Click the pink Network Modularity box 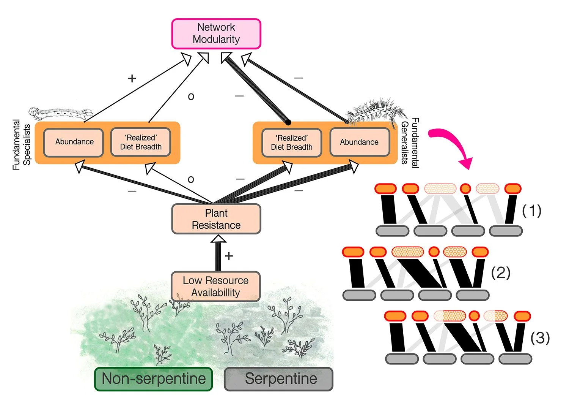pyautogui.click(x=216, y=33)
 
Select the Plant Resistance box pyautogui.click(x=216, y=219)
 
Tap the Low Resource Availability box pyautogui.click(x=215, y=286)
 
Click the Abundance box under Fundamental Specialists pyautogui.click(x=74, y=142)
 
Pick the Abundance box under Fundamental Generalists pyautogui.click(x=359, y=142)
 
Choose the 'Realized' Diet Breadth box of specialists pyautogui.click(x=141, y=142)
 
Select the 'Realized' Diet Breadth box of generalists pyautogui.click(x=291, y=143)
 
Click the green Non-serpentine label pyautogui.click(x=153, y=379)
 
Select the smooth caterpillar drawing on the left pyautogui.click(x=61, y=113)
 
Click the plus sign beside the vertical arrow pyautogui.click(x=229, y=256)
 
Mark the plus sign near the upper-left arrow pyautogui.click(x=132, y=78)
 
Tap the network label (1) pyautogui.click(x=531, y=211)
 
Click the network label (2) pyautogui.click(x=501, y=272)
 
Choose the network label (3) pyautogui.click(x=540, y=337)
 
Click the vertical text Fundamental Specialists pyautogui.click(x=21, y=144)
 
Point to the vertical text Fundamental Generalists pyautogui.click(x=410, y=143)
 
